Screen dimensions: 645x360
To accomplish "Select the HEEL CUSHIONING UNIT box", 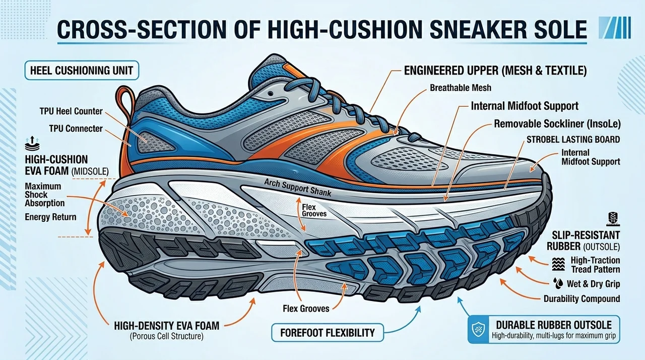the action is coord(82,70).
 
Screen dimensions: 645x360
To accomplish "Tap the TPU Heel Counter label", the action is coord(71,111).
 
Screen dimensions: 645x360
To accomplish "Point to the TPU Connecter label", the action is coord(76,129).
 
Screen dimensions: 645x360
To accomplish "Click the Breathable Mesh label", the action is coord(461,88).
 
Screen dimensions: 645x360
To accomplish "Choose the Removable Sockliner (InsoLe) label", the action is coord(557,124).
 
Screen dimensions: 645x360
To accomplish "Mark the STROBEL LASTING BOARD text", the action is coord(573,140).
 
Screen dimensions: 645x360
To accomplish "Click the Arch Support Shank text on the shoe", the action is coord(298,188).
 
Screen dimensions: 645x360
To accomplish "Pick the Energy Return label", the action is coord(50,217).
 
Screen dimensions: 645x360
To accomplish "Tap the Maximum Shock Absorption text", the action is coord(45,195).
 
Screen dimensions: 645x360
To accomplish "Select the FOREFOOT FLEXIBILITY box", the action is coord(328,333).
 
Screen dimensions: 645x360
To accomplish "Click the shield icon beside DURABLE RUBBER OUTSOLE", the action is coord(478,329).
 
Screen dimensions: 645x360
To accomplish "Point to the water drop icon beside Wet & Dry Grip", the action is coord(559,283).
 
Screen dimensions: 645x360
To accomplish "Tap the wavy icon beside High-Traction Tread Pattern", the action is coord(558,264).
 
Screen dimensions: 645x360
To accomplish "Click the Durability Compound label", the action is coord(582,298).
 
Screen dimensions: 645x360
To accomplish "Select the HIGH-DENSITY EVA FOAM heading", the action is coord(166,326).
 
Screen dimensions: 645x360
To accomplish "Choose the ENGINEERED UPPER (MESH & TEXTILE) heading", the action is coord(495,71).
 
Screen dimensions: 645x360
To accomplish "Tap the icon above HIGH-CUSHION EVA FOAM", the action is coord(32,143).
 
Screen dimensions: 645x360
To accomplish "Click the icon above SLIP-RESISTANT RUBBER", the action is coord(614,219).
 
